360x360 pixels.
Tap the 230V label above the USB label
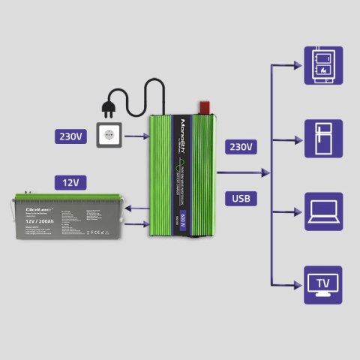click(x=241, y=146)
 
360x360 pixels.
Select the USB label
click(x=241, y=199)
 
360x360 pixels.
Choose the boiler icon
click(x=323, y=64)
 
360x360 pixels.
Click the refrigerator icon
click(x=323, y=137)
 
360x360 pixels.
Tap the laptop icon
click(x=323, y=211)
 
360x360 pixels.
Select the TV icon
click(x=323, y=284)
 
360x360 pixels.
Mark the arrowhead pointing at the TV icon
click(x=298, y=284)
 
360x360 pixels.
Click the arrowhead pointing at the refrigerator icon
click(x=298, y=137)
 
